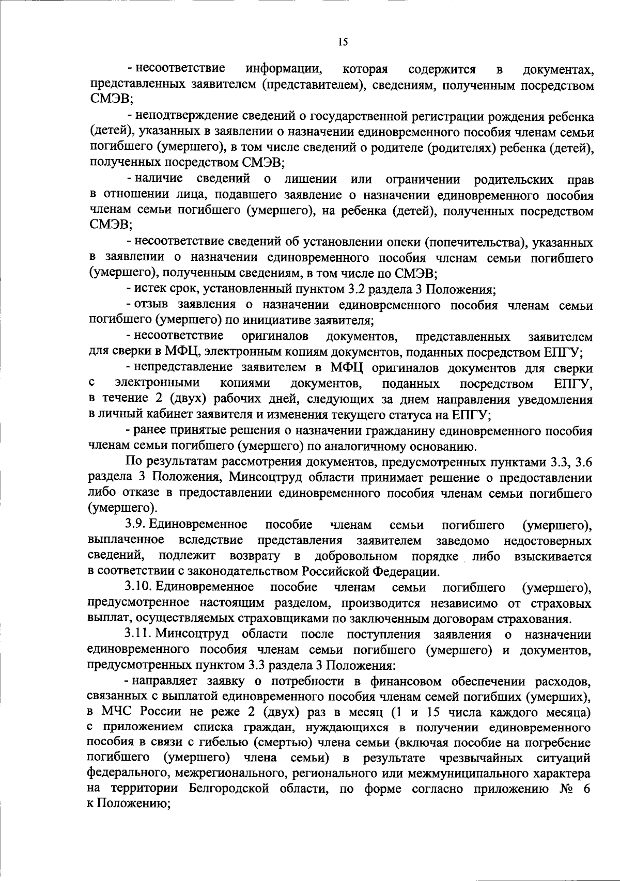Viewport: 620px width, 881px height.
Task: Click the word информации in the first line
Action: (284, 69)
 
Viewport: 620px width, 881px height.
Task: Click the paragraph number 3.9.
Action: (136, 525)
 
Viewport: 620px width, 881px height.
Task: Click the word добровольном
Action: (356, 556)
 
